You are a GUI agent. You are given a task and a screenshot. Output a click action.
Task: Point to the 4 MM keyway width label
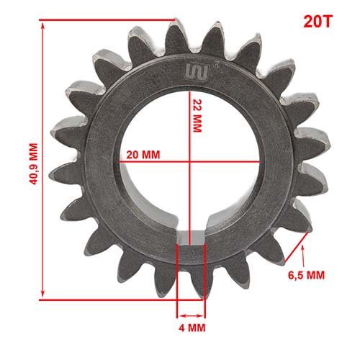point(191,328)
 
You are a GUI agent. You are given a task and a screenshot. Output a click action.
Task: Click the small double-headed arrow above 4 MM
point(191,315)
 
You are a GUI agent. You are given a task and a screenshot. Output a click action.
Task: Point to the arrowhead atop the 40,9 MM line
point(42,25)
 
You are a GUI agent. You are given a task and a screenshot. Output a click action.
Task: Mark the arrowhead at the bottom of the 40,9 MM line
point(42,295)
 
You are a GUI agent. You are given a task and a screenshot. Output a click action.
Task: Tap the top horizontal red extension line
point(108,21)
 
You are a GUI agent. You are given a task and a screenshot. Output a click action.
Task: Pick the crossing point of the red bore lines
point(189,162)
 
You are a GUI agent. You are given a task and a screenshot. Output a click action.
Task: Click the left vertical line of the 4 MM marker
point(177,281)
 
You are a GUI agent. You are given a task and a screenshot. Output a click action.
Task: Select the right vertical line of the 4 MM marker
point(205,281)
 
